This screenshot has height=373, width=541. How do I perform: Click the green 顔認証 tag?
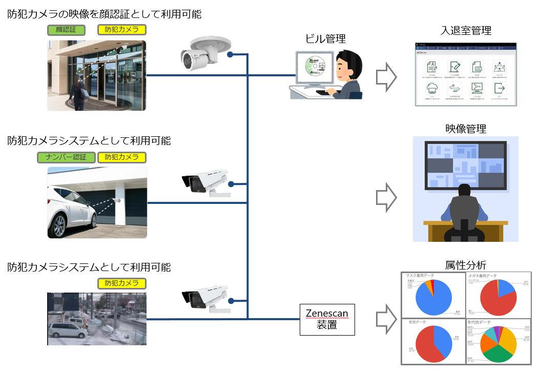coord(66,30)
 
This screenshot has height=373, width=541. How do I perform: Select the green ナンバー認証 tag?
coord(66,157)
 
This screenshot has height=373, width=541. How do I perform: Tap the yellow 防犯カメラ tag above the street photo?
coord(121,283)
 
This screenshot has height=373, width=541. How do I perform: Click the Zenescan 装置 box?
coord(326,319)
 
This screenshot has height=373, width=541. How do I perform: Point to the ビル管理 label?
coord(325,39)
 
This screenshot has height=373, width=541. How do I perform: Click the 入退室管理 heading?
coord(466,30)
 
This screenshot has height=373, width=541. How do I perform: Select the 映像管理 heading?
coord(466,129)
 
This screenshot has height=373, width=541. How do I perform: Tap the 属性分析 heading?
coord(466,265)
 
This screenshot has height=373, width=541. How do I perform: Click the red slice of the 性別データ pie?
coord(428,344)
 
